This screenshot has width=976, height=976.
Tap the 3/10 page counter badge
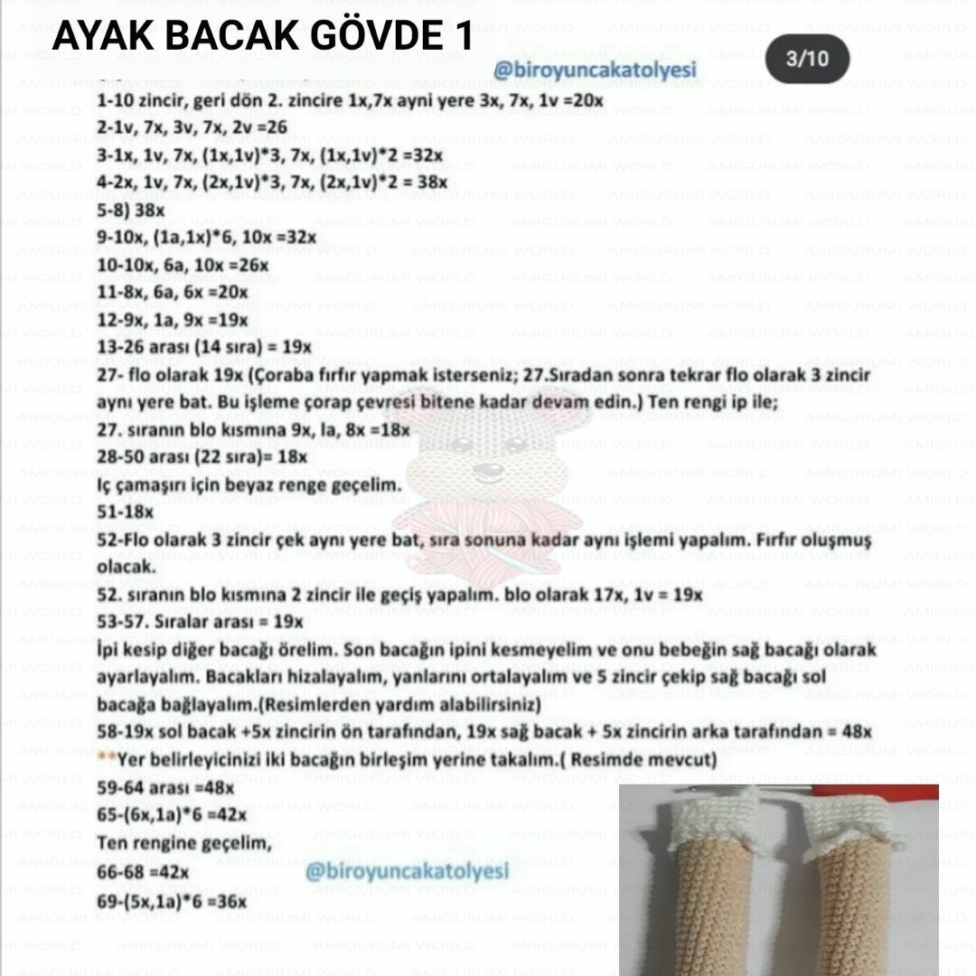pos(806,60)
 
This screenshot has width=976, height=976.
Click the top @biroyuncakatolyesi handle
pos(596,70)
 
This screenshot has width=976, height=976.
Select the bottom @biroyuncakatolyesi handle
pos(407,871)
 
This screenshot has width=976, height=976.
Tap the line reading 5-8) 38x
pos(131,210)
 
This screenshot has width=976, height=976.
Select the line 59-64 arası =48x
pos(165,787)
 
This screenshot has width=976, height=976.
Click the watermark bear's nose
pos(489,471)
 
